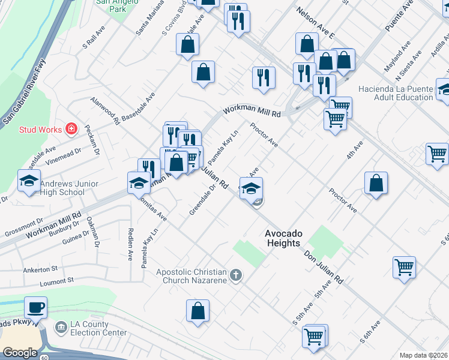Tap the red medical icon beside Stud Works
(x=71, y=128)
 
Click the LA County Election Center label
(x=98, y=328)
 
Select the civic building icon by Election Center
(x=61, y=328)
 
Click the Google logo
(x=20, y=353)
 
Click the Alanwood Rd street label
(x=105, y=111)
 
